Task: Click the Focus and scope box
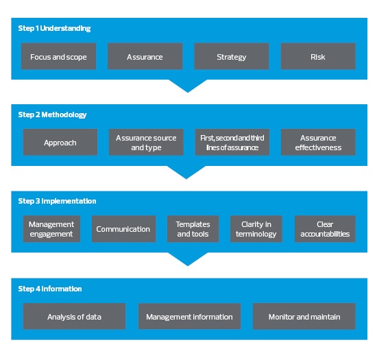point(58,56)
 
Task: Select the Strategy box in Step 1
point(231,56)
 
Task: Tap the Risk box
point(318,56)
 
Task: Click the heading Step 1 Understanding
point(54,28)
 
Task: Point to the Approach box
point(60,142)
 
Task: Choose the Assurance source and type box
point(146,142)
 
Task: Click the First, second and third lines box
point(232,142)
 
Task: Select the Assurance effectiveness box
point(318,142)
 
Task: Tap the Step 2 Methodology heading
point(52,115)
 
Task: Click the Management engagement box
point(51,229)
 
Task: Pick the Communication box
point(123,229)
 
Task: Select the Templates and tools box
point(193,229)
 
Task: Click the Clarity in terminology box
point(256,229)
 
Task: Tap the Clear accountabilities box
point(325,229)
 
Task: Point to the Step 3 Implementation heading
point(57,201)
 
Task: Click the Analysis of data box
point(74,316)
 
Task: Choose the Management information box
point(189,316)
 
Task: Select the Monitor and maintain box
point(304,316)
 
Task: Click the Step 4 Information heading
point(50,289)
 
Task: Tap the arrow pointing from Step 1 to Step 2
point(188,86)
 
